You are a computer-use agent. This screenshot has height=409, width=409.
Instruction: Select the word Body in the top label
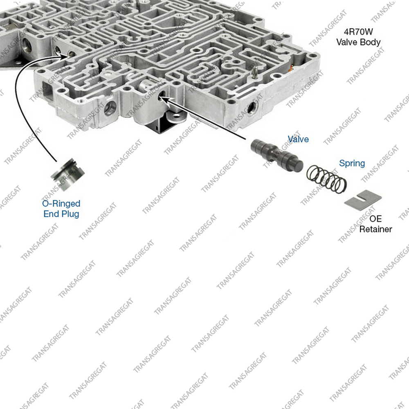(x=370, y=42)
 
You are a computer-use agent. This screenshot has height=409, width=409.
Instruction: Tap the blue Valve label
(x=298, y=139)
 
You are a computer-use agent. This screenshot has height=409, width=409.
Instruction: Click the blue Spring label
(x=352, y=163)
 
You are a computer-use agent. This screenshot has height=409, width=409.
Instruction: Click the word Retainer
(x=375, y=229)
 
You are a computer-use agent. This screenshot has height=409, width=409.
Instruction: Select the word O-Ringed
(x=62, y=203)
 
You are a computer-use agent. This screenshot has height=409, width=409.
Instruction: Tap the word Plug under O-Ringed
(x=70, y=213)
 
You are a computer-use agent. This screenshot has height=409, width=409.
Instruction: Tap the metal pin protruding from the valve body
(x=254, y=73)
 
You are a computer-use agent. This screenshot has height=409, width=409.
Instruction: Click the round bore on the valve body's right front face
(x=249, y=108)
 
